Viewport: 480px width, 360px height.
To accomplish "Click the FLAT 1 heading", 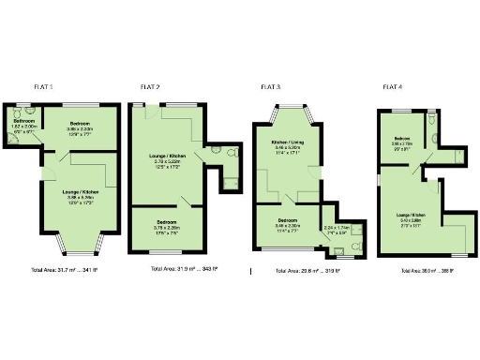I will point(43,87).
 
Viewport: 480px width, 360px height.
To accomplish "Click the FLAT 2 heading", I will point(150,87).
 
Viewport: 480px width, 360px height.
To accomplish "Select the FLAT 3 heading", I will point(270,87).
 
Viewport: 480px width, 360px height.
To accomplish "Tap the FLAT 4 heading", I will point(393,87).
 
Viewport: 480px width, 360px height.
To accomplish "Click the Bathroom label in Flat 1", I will point(24,122).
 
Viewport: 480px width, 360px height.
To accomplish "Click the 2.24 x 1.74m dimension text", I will point(337,228).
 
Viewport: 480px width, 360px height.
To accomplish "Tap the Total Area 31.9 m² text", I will point(185,269).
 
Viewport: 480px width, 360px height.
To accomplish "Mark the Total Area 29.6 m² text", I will point(307,271).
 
